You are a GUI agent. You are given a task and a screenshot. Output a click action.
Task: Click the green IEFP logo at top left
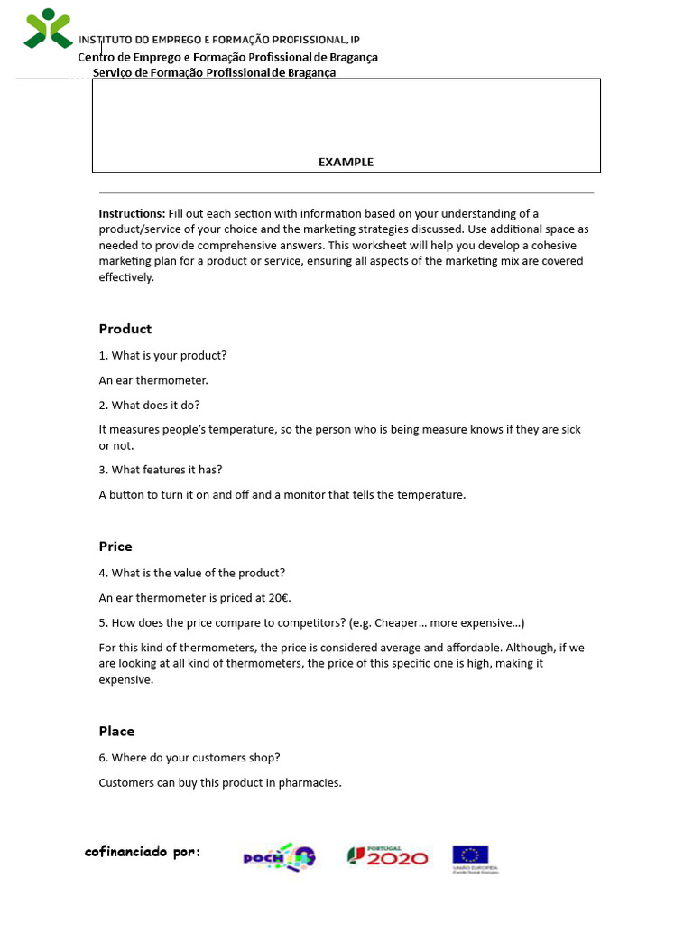pos(48,29)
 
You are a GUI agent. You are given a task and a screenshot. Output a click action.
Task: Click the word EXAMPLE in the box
pos(346,162)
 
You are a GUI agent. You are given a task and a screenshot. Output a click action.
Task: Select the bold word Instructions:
pos(132,214)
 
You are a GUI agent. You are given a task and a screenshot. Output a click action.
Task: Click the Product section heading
pos(125,329)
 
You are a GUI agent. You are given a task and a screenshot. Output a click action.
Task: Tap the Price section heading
pos(115,547)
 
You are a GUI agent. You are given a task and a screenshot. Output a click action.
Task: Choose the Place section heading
pos(116,732)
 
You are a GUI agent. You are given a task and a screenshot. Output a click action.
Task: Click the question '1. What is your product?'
pos(162,356)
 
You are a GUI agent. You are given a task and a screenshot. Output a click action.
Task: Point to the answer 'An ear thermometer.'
pos(153,380)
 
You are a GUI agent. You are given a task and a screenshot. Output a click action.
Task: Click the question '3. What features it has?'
pos(161,470)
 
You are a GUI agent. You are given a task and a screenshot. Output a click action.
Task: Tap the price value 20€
pos(279,598)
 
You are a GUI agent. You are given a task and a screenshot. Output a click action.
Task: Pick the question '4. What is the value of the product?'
pos(192,574)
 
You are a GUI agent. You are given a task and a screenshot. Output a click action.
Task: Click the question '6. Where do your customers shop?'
pos(195,758)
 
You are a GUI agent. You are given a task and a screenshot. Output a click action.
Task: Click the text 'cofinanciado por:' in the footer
pos(143,852)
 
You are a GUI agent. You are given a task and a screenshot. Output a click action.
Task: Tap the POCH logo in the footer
pos(279,856)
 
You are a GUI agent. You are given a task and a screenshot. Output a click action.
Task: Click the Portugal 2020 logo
pos(388,856)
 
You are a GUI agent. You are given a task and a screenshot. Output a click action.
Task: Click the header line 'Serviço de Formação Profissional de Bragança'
pos(214,73)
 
